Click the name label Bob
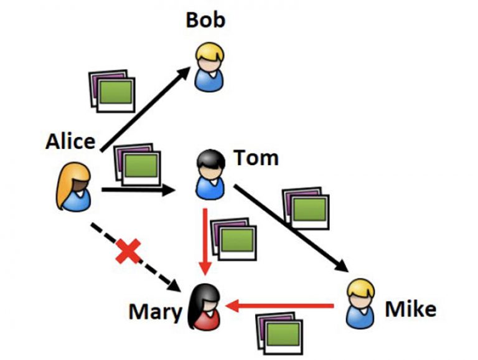(205, 20)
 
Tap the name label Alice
(70, 141)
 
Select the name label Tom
(256, 158)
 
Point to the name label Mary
(155, 311)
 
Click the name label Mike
(411, 308)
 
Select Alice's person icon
(73, 186)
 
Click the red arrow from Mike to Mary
(280, 305)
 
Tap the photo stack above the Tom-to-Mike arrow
(305, 206)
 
